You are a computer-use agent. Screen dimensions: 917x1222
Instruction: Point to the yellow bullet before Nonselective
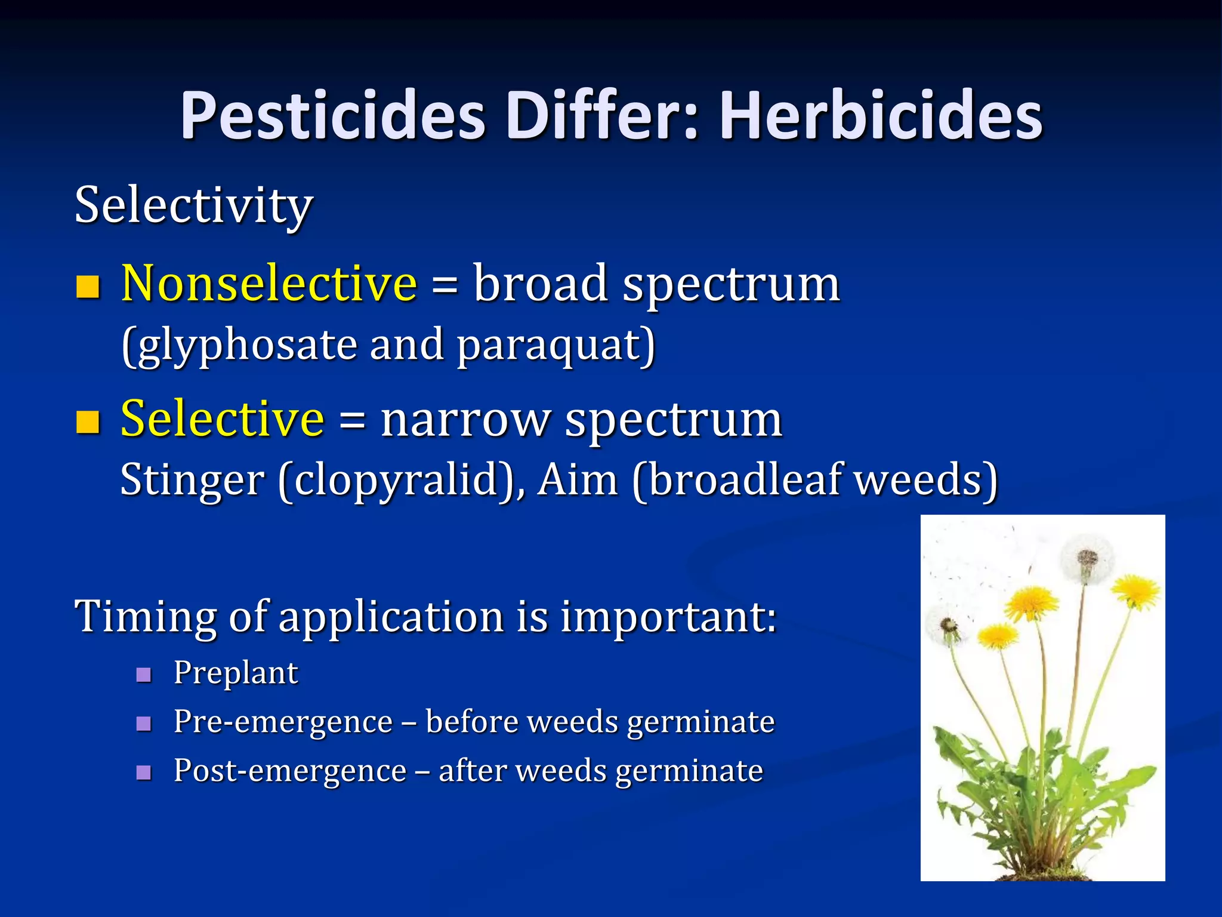click(x=88, y=287)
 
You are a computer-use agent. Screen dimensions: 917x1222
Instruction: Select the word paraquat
click(x=555, y=346)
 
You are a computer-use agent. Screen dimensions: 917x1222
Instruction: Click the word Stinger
click(x=192, y=480)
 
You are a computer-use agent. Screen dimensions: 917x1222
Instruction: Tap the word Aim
click(x=577, y=480)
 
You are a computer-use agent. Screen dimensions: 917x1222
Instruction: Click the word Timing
click(x=145, y=616)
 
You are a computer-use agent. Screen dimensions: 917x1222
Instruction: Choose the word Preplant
click(x=236, y=673)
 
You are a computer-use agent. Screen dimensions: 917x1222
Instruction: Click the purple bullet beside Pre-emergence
click(x=144, y=724)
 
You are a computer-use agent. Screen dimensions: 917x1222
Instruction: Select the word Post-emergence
click(x=290, y=771)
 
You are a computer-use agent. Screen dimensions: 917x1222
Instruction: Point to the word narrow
click(x=465, y=419)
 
